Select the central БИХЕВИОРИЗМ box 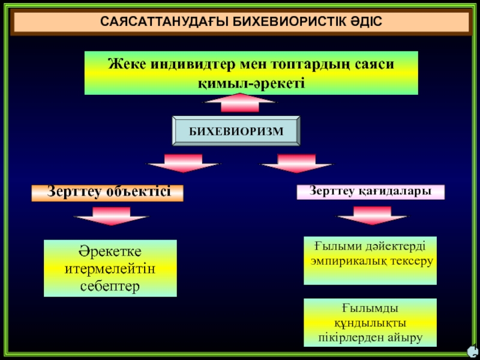pyautogui.click(x=236, y=131)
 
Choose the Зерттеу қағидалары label pyautogui.click(x=371, y=191)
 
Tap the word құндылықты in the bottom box pyautogui.click(x=370, y=323)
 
